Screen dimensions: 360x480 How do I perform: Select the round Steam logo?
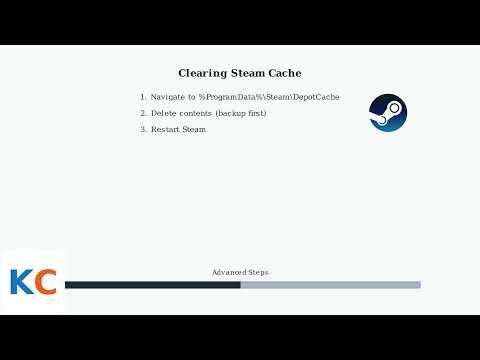(x=388, y=112)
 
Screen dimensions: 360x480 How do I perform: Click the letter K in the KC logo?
(x=21, y=282)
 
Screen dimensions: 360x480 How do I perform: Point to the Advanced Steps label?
(x=240, y=272)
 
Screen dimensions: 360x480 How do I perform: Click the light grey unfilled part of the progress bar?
(x=330, y=285)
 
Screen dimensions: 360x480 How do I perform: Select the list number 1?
(x=143, y=97)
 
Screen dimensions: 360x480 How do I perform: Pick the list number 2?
(x=143, y=113)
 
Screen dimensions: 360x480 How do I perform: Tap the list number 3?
(x=143, y=130)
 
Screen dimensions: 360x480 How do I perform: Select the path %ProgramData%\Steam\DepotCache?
(x=269, y=97)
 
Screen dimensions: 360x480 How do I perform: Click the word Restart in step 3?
(x=166, y=130)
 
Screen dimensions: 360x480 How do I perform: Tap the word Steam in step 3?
(x=195, y=130)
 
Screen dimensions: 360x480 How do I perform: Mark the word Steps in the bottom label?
(x=256, y=272)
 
